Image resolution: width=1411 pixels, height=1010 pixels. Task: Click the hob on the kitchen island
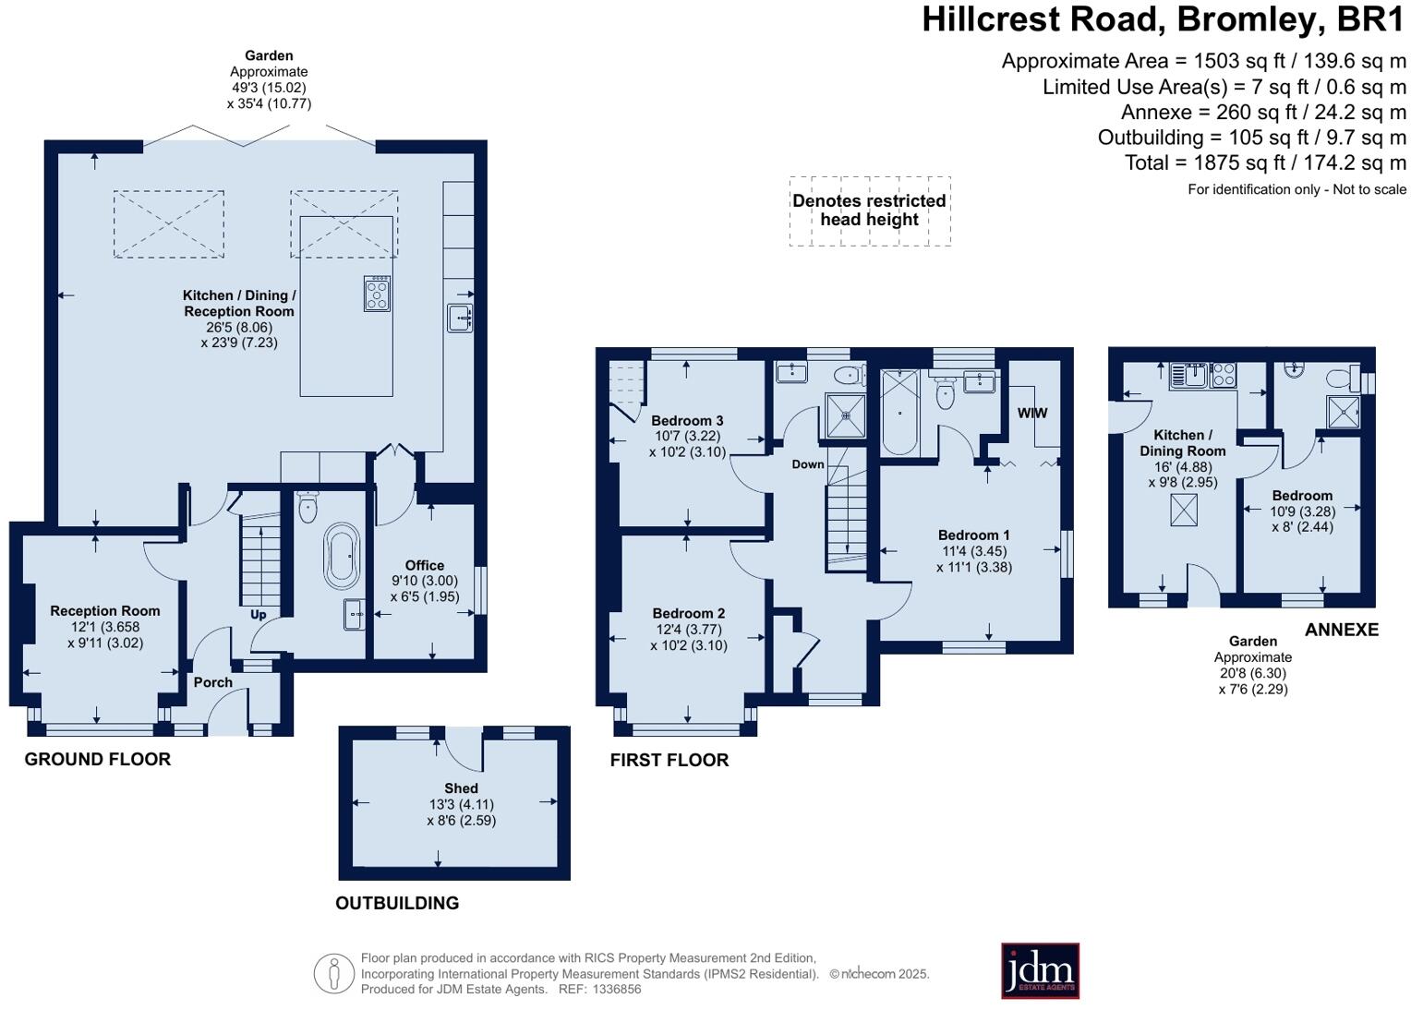[x=377, y=294]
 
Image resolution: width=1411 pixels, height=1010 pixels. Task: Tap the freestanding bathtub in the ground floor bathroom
[x=342, y=557]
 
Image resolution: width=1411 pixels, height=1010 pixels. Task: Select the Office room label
[x=425, y=565]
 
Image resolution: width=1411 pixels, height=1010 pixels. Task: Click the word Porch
[x=213, y=682]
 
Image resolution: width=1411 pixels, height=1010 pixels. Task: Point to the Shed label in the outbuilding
[x=461, y=788]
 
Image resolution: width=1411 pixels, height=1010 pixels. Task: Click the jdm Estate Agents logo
[x=1040, y=970]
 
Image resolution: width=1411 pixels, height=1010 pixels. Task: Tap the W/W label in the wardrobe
[x=1032, y=413]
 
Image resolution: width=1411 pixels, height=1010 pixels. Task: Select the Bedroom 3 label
[x=687, y=420]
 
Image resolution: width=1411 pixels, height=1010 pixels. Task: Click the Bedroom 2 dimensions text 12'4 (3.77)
[x=689, y=630]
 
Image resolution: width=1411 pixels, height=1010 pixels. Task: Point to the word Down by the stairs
[x=807, y=464]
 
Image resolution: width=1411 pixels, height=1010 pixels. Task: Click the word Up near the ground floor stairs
[x=259, y=614]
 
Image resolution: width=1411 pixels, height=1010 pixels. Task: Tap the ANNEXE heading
[x=1341, y=630]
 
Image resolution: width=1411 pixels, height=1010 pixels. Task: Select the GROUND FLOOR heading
[x=98, y=759]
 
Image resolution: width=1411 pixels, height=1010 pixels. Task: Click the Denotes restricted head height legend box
[x=869, y=210]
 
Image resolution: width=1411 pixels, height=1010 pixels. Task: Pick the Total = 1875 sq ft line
[x=1264, y=162]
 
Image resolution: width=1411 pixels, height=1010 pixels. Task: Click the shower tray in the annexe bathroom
[x=1344, y=412]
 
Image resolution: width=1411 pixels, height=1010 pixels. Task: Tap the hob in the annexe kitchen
[x=1224, y=375]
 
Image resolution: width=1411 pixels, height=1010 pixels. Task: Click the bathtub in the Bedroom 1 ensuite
[x=899, y=413]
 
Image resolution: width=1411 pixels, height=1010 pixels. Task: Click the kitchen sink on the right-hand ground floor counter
[x=459, y=318]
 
